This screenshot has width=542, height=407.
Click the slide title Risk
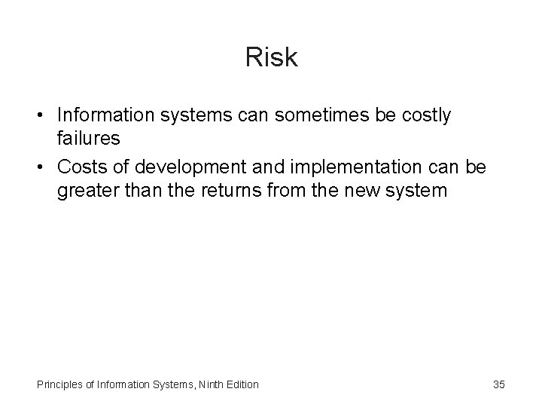tap(271, 58)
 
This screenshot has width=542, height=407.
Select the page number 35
tap(499, 384)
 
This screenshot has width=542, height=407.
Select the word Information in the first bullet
tap(103, 115)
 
